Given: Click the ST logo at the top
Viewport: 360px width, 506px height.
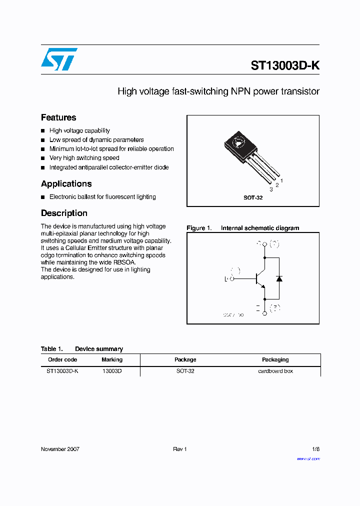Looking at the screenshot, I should [x=59, y=59].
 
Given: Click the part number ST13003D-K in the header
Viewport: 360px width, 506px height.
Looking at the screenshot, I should [x=285, y=65].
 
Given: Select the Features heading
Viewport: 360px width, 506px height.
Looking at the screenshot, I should [x=58, y=117].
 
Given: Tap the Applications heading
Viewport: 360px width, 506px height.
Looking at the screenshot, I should [x=66, y=183].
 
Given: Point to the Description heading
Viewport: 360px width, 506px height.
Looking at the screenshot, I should [x=64, y=213].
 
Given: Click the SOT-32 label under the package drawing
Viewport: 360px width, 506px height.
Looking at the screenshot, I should [x=253, y=197].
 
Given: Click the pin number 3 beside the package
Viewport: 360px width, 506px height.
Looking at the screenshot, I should [x=271, y=189].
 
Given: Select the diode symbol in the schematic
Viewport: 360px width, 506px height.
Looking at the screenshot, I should [x=279, y=278].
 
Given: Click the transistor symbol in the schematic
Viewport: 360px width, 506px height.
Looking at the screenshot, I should [x=260, y=278].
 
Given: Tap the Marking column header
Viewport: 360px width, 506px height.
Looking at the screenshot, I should [x=112, y=359].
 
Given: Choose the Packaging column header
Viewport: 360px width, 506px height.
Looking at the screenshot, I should [x=275, y=359].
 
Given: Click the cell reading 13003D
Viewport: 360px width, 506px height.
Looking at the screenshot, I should [x=112, y=371].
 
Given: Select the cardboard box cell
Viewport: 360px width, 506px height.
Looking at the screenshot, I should [x=275, y=371].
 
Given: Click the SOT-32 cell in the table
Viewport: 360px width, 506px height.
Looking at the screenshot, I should [x=185, y=371].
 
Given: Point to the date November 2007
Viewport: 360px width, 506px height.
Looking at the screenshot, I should [x=60, y=449].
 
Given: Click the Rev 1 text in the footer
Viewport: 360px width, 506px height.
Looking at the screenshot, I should [x=180, y=449].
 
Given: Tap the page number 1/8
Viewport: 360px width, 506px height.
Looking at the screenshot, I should [x=315, y=449].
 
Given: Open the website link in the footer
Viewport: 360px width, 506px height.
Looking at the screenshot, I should [x=308, y=458].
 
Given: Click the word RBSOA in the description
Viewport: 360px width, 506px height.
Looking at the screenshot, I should [x=125, y=262].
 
